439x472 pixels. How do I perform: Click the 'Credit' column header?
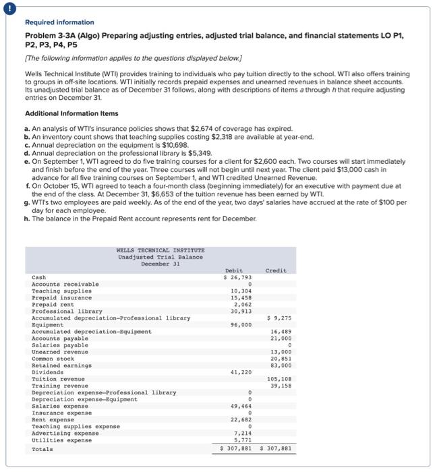pyautogui.click(x=276, y=270)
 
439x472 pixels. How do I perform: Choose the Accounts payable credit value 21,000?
pyautogui.click(x=281, y=338)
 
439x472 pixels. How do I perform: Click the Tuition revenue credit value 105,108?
pyautogui.click(x=279, y=379)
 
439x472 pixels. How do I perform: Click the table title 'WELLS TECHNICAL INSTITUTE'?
pyautogui.click(x=160, y=250)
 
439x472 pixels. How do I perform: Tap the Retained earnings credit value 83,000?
pyautogui.click(x=281, y=365)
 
